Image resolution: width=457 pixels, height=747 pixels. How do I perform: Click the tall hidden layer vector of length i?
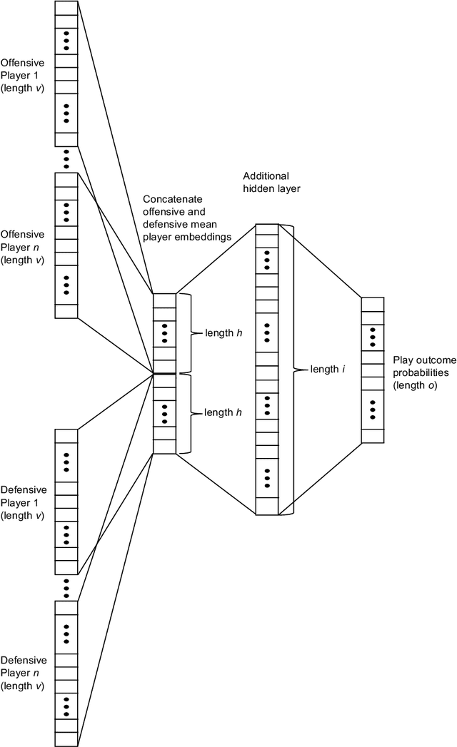coord(266,370)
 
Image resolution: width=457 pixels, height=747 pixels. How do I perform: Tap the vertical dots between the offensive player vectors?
coord(66,159)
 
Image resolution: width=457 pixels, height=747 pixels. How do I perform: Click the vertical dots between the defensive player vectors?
coord(66,587)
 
